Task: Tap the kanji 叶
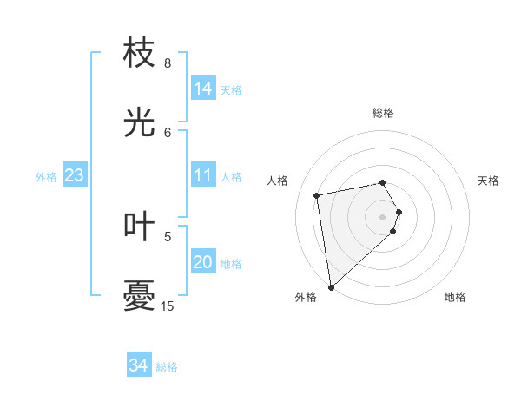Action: click(x=140, y=226)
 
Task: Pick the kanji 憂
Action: click(x=140, y=295)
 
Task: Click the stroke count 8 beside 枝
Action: click(x=168, y=63)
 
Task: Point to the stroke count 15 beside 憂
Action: click(x=168, y=306)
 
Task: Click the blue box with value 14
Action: click(x=203, y=89)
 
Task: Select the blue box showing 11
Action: click(x=203, y=175)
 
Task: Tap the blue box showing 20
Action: click(x=203, y=262)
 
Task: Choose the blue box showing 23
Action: click(x=75, y=175)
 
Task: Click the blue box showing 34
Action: click(x=139, y=365)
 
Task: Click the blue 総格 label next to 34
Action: click(x=167, y=367)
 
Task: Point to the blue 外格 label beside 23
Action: click(x=46, y=177)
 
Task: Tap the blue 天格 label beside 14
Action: click(x=231, y=90)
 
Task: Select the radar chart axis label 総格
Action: click(x=383, y=113)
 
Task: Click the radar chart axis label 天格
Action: click(x=488, y=181)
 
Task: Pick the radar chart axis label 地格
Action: click(x=455, y=297)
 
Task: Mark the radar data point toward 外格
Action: click(x=331, y=286)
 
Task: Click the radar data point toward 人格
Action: click(x=317, y=194)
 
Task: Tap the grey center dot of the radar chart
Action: click(x=383, y=215)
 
